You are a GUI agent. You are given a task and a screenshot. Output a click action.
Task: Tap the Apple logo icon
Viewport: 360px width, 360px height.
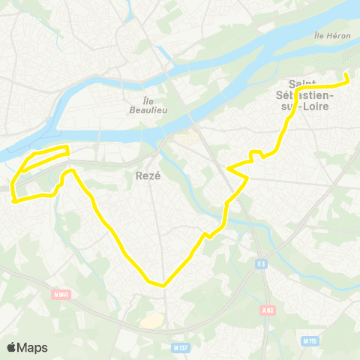click(x=12, y=347)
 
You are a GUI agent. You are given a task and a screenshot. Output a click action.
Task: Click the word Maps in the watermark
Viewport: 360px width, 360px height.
click(x=33, y=347)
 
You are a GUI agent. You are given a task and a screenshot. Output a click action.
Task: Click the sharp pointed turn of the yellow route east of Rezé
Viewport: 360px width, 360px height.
click(x=246, y=178)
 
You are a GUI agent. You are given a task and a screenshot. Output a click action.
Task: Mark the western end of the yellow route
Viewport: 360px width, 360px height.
click(x=13, y=200)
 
